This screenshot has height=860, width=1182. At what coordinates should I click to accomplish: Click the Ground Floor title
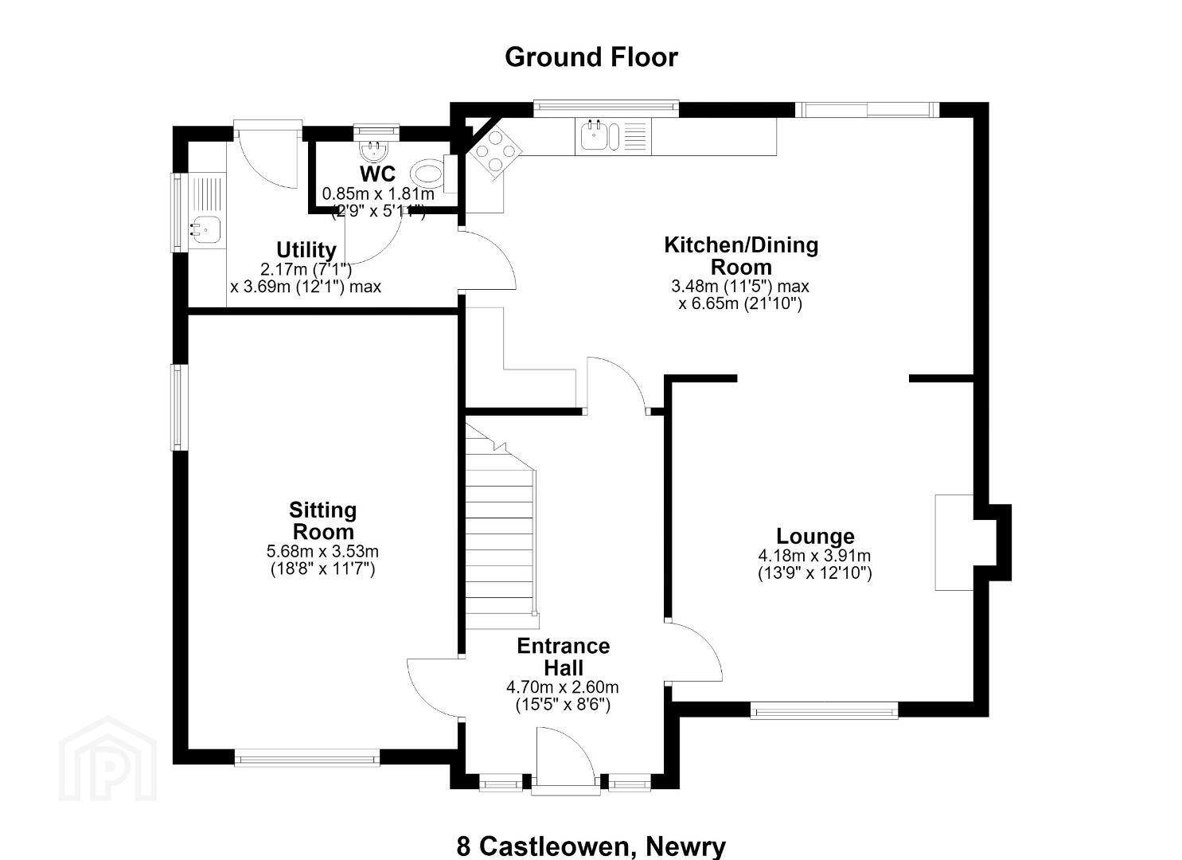[591, 57]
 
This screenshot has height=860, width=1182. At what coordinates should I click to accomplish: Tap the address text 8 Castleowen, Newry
[591, 846]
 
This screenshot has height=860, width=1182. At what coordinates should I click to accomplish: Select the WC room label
[377, 173]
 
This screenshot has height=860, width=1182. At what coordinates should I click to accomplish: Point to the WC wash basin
[374, 150]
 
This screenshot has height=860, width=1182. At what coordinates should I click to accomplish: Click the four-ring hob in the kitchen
[494, 152]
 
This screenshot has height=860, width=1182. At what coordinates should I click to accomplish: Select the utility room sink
[206, 230]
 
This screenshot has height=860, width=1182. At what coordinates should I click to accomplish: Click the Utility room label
[306, 250]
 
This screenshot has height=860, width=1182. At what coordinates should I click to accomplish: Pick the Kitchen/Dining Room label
[741, 256]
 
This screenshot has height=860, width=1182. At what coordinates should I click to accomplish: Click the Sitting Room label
[323, 521]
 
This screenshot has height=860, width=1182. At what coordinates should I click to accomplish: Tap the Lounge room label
[815, 537]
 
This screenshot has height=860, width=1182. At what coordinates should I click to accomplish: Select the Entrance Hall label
[563, 657]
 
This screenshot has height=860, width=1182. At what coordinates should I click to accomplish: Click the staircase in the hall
[500, 528]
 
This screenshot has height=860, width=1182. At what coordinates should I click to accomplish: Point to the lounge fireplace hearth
[954, 542]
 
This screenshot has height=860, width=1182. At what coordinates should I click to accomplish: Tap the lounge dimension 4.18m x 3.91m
[814, 556]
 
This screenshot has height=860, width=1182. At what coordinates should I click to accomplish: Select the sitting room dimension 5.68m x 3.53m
[322, 552]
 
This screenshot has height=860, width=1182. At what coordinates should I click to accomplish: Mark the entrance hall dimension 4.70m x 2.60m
[563, 687]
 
